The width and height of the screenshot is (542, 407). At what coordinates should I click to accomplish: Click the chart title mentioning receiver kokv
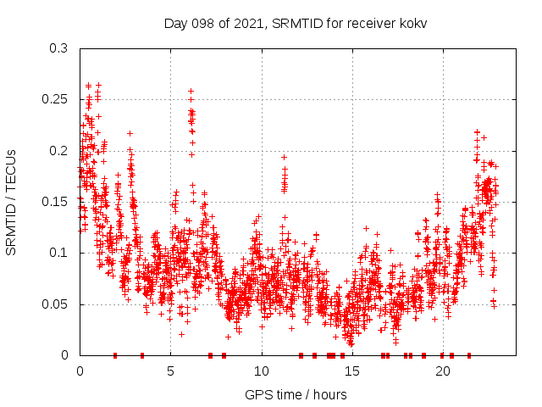click(295, 23)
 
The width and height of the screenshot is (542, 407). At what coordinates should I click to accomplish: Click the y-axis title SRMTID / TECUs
click(12, 202)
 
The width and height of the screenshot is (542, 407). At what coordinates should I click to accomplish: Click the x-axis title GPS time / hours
click(295, 394)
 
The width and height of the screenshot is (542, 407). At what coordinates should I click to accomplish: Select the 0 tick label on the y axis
click(64, 355)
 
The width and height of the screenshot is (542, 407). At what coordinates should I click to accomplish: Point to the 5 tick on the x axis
click(170, 371)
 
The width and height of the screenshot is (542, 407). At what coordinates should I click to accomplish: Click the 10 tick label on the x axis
click(262, 371)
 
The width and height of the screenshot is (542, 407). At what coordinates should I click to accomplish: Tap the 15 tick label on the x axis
click(352, 371)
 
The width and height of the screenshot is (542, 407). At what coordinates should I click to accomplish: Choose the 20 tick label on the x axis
click(443, 371)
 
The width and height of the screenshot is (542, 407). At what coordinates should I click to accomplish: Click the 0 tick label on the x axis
click(80, 371)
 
